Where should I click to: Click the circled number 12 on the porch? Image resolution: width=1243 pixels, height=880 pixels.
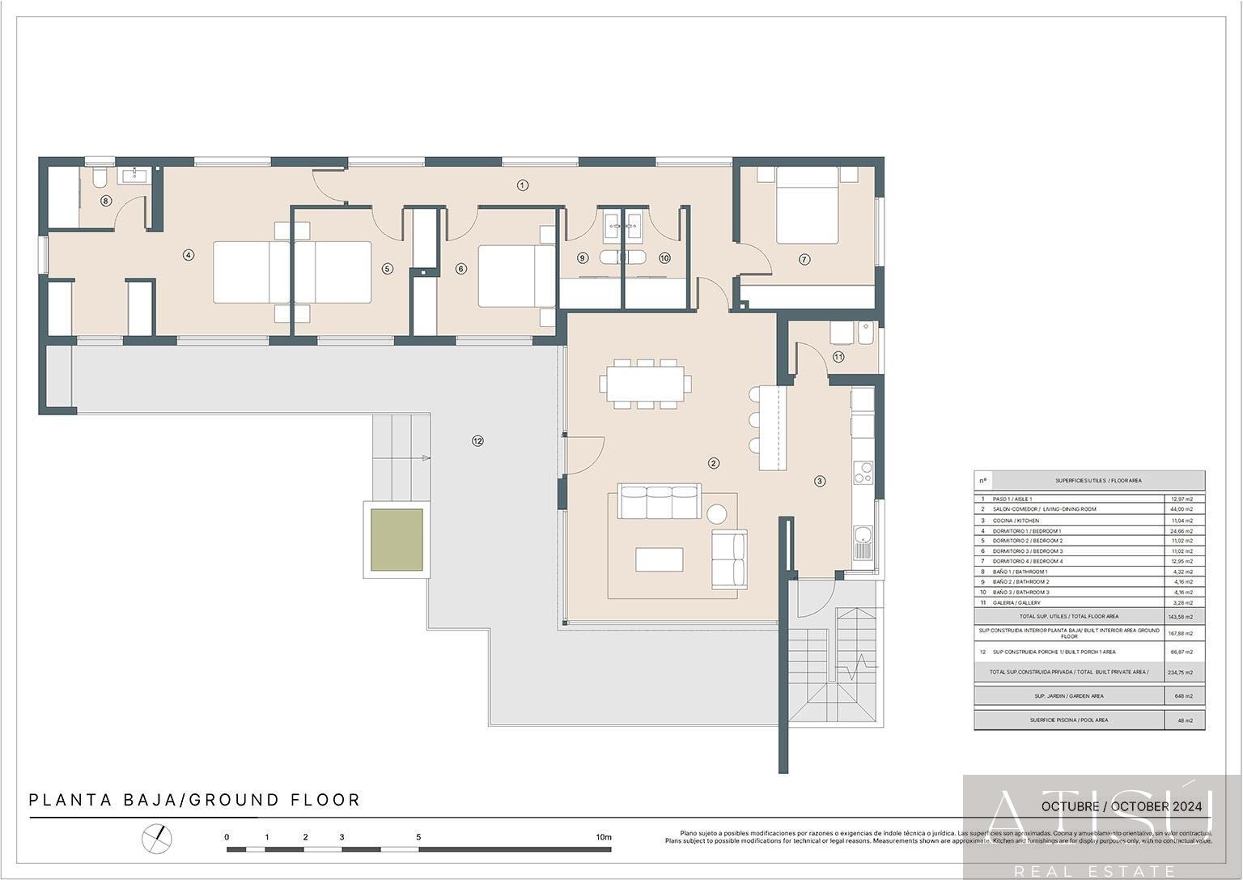pyautogui.click(x=477, y=441)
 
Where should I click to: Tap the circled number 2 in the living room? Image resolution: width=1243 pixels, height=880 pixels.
pyautogui.click(x=713, y=464)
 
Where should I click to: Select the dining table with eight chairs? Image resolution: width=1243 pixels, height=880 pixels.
pyautogui.click(x=646, y=385)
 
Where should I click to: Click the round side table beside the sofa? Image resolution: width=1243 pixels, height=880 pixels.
pyautogui.click(x=717, y=513)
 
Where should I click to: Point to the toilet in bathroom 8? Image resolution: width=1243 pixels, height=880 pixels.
pyautogui.click(x=99, y=177)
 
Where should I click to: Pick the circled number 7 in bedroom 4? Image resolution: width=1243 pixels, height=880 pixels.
pyautogui.click(x=804, y=260)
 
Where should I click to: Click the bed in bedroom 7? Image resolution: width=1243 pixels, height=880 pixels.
pyautogui.click(x=807, y=206)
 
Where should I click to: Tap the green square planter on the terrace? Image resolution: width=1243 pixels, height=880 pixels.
pyautogui.click(x=397, y=539)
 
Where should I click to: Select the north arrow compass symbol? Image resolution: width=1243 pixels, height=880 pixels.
pyautogui.click(x=157, y=837)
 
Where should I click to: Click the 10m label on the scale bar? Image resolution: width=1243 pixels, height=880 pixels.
pyautogui.click(x=604, y=837)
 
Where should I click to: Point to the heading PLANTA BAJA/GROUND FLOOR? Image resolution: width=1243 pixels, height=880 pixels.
pyautogui.click(x=194, y=801)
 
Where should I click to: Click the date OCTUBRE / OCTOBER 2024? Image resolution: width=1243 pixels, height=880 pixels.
pyautogui.click(x=1121, y=807)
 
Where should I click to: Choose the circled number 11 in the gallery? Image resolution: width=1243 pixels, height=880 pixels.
pyautogui.click(x=838, y=357)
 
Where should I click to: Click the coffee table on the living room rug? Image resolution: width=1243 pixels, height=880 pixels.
pyautogui.click(x=659, y=559)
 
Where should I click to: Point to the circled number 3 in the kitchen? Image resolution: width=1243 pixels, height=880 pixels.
pyautogui.click(x=820, y=481)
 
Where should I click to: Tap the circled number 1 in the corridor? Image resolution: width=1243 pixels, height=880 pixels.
pyautogui.click(x=522, y=185)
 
